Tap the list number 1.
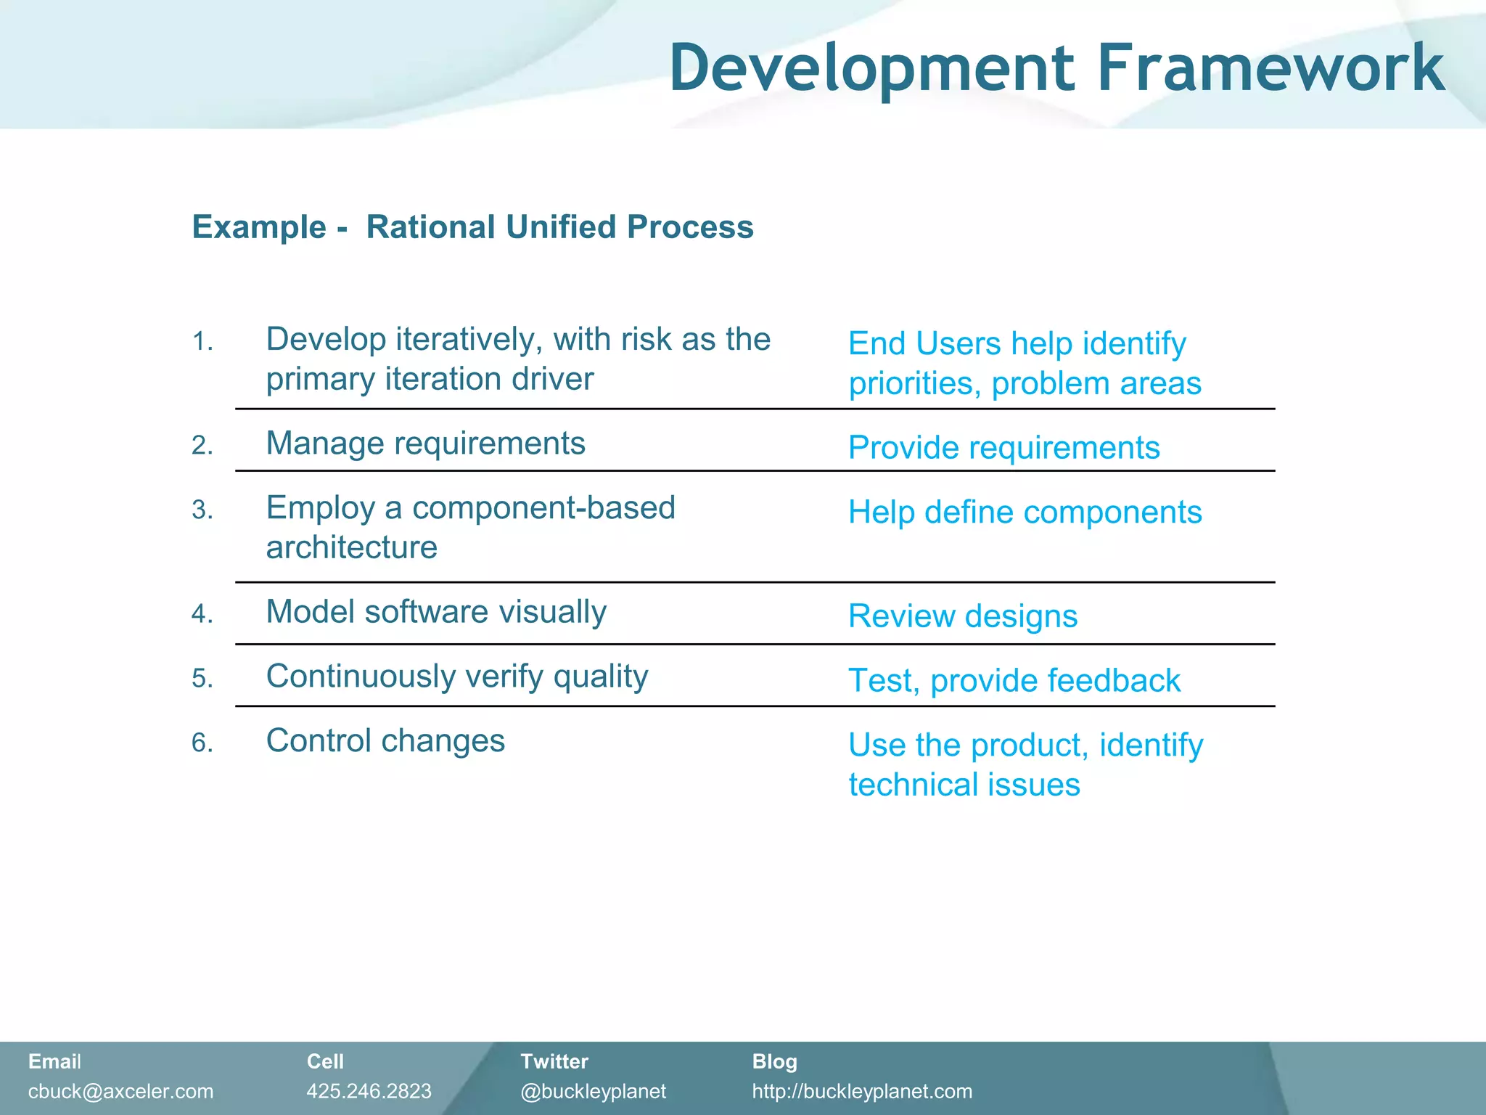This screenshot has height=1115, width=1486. pos(202,341)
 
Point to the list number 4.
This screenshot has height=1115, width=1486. pos(202,614)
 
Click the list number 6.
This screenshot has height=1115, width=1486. pos(202,743)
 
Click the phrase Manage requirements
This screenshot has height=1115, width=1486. pos(425,444)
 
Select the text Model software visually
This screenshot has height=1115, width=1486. pos(436,612)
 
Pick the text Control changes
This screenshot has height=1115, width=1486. pos(385,741)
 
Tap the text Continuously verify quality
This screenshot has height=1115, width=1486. pos(457,677)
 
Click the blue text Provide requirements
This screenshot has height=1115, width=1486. pos(1003,448)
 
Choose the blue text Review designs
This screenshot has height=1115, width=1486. pos(962,616)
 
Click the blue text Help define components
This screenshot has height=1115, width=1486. pos(1025,512)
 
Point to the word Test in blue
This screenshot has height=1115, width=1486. pos(879,681)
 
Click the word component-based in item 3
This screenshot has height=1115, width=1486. pos(543,508)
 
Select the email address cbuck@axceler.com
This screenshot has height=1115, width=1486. pos(120,1091)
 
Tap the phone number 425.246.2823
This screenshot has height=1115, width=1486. pos(369,1091)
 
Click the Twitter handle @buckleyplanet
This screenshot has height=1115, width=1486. pos(593,1091)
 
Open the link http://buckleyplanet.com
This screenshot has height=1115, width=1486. pos(862,1091)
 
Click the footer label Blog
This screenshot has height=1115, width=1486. pos(774,1061)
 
